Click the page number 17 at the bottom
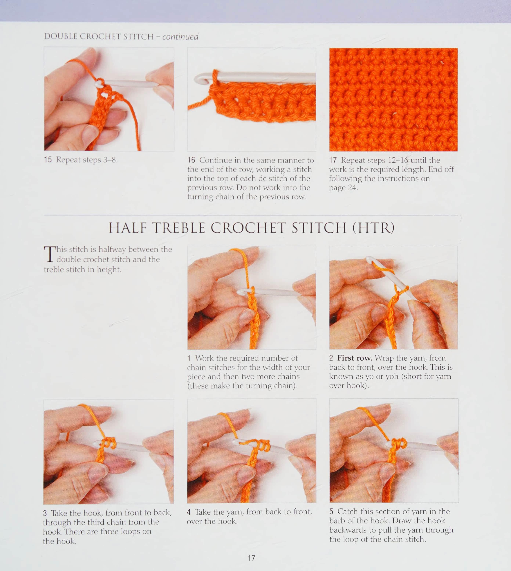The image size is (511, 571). pos(251,558)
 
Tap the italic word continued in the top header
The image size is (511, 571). pos(180,37)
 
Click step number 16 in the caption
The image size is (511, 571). pos(191,160)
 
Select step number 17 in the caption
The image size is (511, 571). pos(333,160)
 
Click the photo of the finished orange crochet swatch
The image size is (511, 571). pos(393,100)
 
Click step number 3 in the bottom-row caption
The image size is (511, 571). pos(45,513)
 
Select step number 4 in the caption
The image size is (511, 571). pos(189,512)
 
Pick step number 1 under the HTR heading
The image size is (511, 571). pos(189,358)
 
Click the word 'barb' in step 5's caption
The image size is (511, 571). pos(337,521)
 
